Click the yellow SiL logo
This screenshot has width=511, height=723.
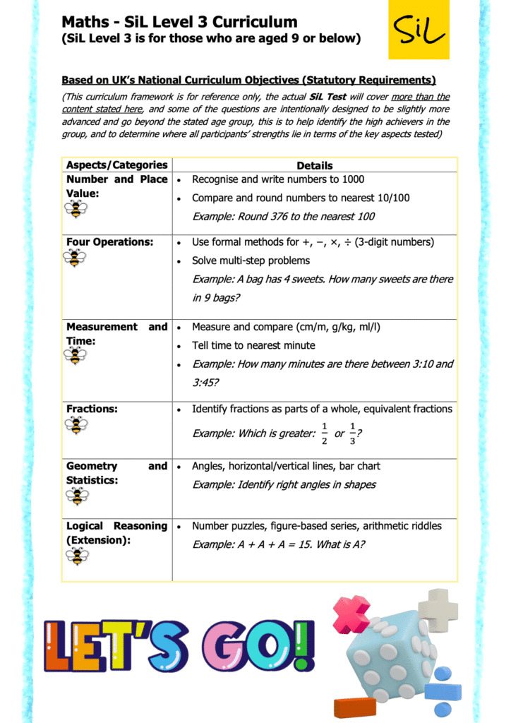(x=418, y=30)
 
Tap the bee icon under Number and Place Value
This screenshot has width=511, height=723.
(x=76, y=209)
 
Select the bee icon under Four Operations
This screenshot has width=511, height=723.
(x=76, y=258)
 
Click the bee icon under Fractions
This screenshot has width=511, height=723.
(x=76, y=424)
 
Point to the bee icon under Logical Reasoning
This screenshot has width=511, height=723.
(x=76, y=556)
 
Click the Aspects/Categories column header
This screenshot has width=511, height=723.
(x=116, y=165)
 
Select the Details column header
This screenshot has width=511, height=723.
(x=315, y=166)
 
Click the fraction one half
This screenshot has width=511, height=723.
(x=324, y=434)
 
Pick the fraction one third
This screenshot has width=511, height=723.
(x=351, y=434)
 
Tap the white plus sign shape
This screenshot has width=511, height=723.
(x=438, y=609)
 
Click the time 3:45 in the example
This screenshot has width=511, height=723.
(x=204, y=383)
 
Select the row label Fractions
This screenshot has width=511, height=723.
(x=92, y=409)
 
